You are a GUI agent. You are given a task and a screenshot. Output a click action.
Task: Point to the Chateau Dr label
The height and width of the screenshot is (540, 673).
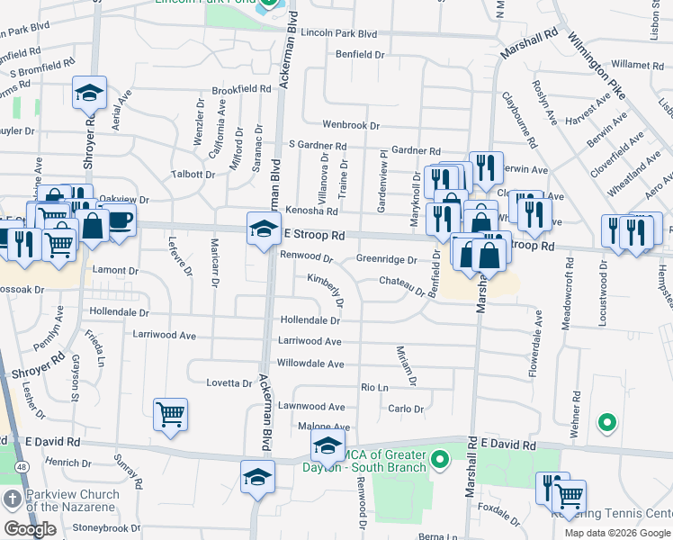401,285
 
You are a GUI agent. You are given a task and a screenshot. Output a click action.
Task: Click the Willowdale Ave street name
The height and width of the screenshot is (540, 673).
310,364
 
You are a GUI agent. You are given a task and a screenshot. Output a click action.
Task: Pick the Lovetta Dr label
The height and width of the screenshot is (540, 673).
229,383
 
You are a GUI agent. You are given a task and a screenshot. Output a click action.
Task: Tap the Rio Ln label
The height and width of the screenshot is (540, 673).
373,387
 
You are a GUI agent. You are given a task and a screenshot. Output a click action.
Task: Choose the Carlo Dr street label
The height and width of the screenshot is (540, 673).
405,409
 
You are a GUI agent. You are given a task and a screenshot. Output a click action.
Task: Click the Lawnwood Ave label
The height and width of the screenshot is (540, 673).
310,407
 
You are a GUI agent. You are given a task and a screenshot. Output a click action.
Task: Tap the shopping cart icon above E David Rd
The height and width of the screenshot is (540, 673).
170,415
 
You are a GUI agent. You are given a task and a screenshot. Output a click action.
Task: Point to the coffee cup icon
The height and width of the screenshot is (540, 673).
117,219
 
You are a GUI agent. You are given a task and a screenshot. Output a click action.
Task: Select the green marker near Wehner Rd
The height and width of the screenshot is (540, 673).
607,422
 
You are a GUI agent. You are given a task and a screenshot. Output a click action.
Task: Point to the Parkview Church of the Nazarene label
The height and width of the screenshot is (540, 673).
72,500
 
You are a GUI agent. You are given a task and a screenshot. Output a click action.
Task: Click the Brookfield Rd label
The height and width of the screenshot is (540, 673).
241,90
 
